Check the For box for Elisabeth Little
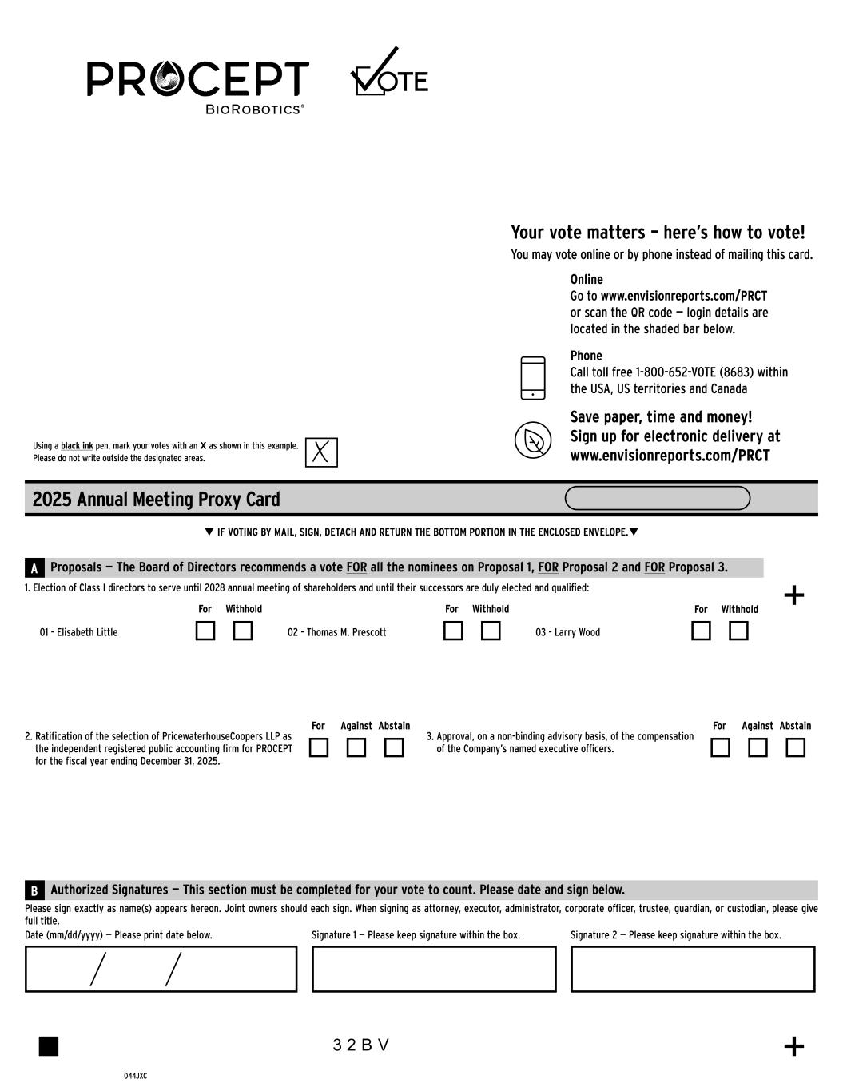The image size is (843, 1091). coord(205,631)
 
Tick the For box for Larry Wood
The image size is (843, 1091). coord(701,631)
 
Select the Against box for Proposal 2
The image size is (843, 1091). coord(356,747)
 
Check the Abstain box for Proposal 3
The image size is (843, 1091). coord(795,747)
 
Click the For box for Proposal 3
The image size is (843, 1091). coord(720,747)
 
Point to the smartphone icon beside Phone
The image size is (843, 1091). coord(533,377)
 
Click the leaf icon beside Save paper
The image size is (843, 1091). coord(533,440)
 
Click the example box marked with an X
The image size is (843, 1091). coord(321,452)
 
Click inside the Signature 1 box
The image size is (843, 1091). coord(434,969)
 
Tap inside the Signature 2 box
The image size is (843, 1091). coord(693,969)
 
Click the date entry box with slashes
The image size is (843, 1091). coord(161,969)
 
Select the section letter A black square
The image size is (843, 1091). coord(34,568)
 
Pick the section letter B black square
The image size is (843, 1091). coord(34,890)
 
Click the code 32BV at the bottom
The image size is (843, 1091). coord(361,1045)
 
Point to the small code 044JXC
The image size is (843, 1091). coord(135,1076)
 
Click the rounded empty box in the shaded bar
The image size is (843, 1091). coord(657,498)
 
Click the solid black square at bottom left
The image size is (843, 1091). coord(49,1045)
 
